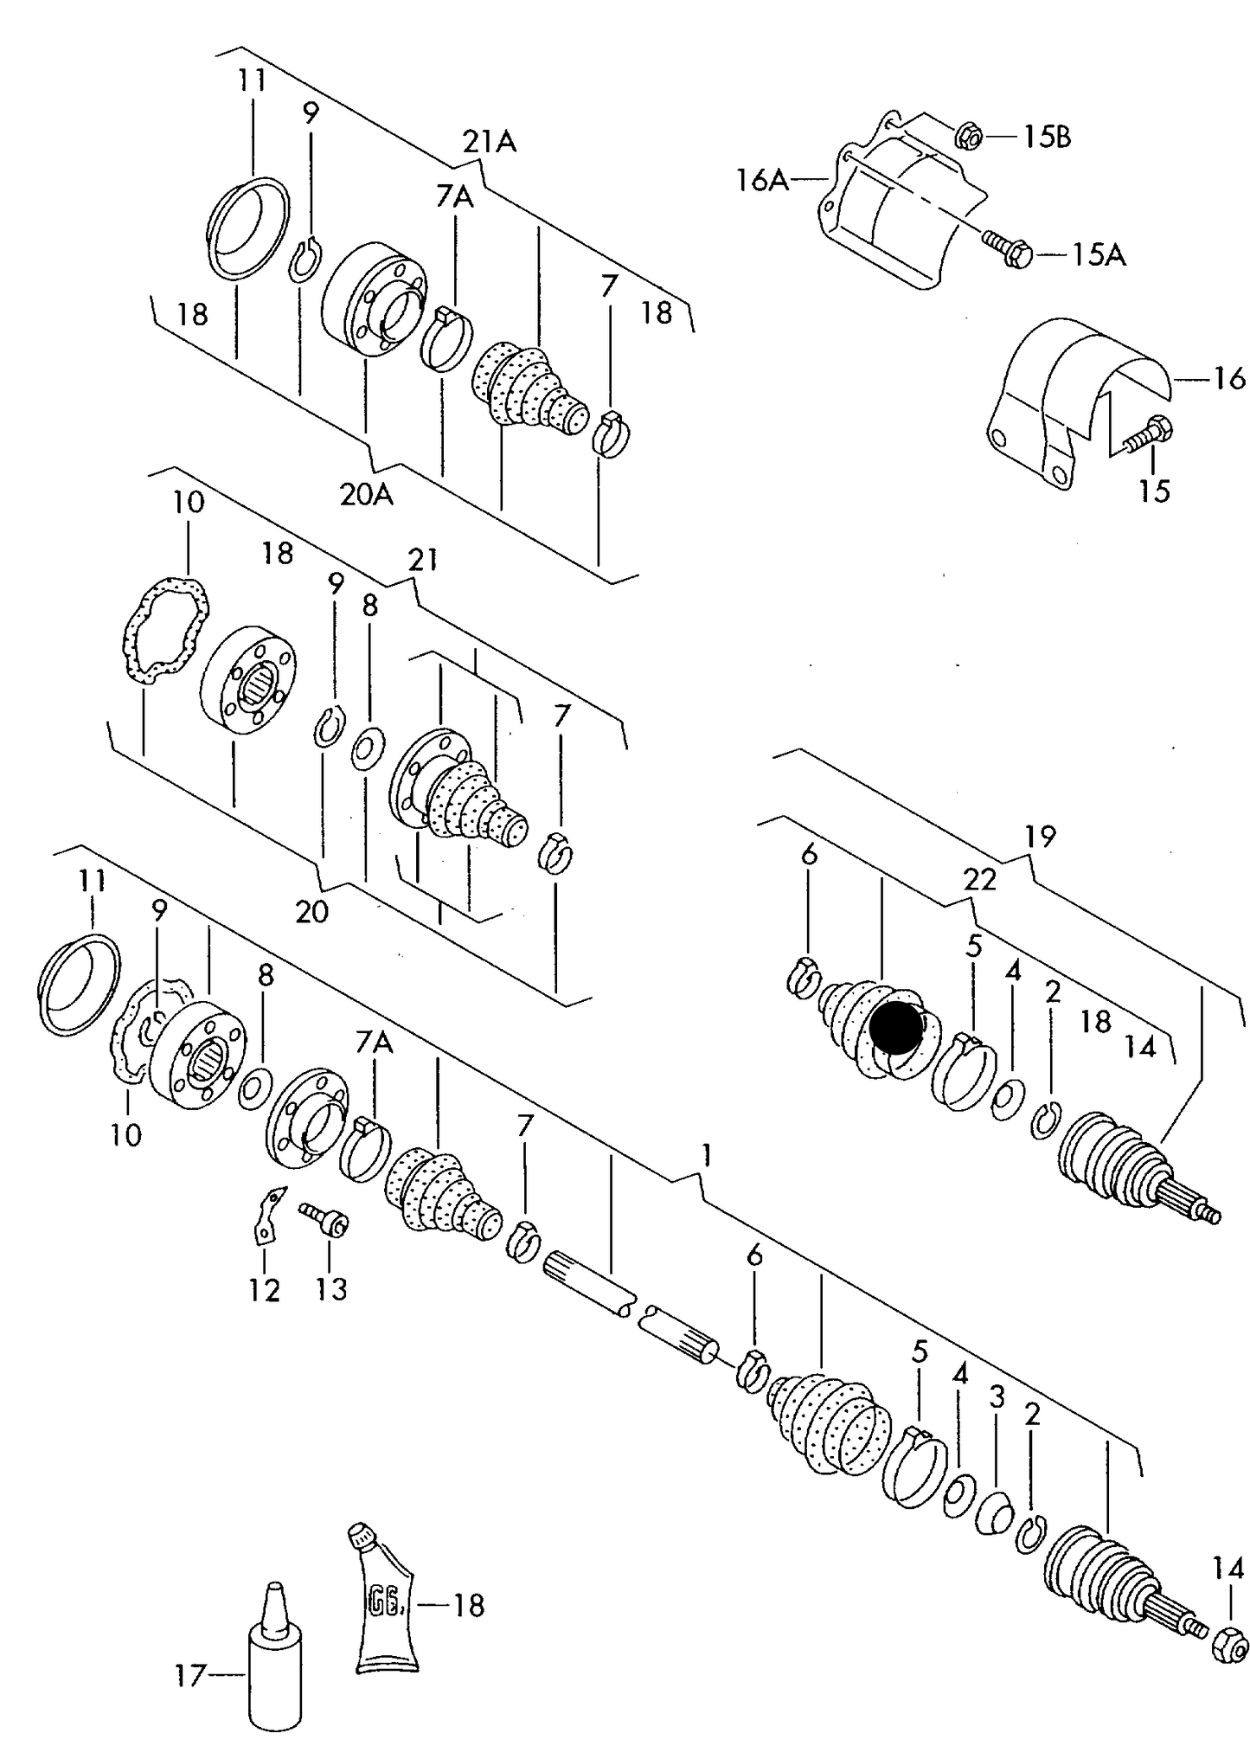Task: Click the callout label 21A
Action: click(489, 141)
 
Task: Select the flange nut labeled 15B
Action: click(968, 135)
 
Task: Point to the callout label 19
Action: click(1041, 836)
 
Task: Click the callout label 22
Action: click(980, 879)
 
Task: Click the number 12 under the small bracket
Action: click(265, 1290)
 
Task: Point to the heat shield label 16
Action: click(1228, 378)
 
